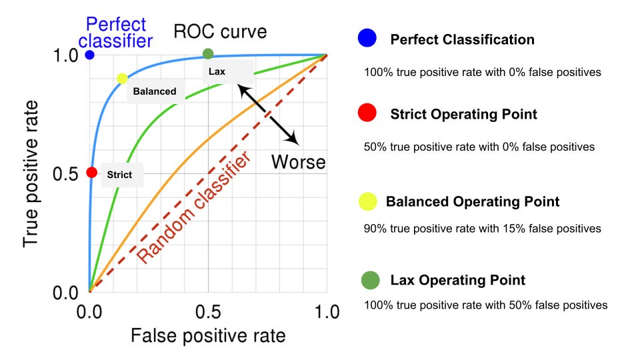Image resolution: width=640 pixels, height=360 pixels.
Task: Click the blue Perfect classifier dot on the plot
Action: pos(89,55)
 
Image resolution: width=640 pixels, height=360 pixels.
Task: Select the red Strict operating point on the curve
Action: pos(92,173)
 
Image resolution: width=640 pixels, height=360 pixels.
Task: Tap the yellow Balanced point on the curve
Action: pos(122,79)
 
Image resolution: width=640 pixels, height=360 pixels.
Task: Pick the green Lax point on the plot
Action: pos(208,53)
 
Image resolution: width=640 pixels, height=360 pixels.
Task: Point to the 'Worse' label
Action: pos(298,162)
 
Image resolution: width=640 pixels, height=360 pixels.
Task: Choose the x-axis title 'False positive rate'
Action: pos(208,335)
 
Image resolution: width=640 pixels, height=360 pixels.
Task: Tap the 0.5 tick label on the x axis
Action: pos(208,311)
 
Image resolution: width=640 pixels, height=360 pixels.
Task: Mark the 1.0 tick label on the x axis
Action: pos(326,311)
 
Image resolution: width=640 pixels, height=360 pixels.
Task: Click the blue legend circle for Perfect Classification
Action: pos(367,39)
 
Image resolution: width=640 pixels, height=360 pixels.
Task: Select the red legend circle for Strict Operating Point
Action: pos(367,114)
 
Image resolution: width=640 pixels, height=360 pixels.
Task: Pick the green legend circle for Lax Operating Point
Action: pos(369,280)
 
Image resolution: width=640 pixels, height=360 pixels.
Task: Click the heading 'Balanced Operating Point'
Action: pos(473,201)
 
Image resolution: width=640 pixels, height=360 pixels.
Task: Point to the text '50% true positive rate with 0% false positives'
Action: pos(479,147)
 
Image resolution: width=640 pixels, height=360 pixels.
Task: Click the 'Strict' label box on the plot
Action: pos(120,175)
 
